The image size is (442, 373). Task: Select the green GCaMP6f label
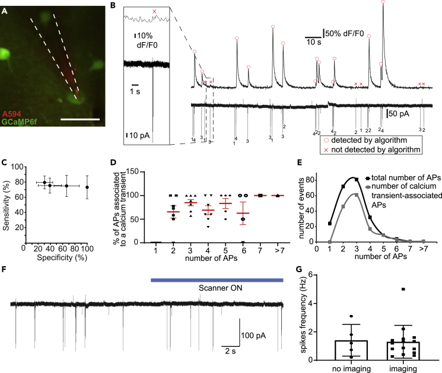20,122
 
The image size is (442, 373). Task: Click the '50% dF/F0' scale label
345,31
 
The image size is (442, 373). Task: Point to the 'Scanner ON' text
218,288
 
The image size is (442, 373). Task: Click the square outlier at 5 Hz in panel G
403,289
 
